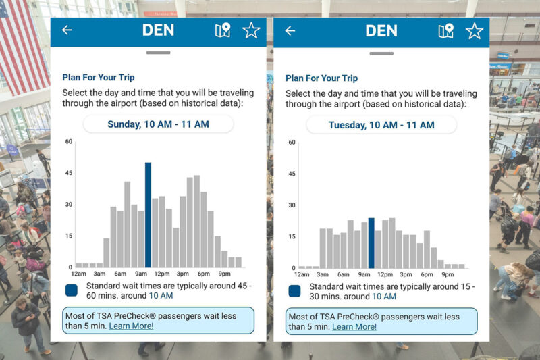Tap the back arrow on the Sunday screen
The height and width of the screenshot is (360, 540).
click(67, 30)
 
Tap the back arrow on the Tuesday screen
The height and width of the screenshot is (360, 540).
click(290, 30)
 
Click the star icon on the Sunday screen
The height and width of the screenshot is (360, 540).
click(251, 30)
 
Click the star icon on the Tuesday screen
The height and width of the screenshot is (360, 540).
click(475, 30)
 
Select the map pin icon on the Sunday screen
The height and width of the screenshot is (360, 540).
click(222, 30)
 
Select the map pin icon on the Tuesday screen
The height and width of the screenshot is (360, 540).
click(446, 30)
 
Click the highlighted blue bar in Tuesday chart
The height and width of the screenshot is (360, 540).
click(371, 243)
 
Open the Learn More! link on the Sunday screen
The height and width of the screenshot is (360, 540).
click(131, 326)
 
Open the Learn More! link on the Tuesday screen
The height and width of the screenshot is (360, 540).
click(354, 326)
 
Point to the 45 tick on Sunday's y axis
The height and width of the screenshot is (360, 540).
click(68, 173)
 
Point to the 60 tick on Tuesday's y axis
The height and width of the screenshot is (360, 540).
click(292, 142)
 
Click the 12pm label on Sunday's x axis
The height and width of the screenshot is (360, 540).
click(161, 274)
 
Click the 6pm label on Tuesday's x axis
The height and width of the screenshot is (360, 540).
click(427, 274)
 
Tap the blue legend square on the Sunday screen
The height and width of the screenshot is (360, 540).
click(72, 290)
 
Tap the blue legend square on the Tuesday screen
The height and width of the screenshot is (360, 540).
click(295, 291)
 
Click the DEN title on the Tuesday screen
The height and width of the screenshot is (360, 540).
click(382, 30)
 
